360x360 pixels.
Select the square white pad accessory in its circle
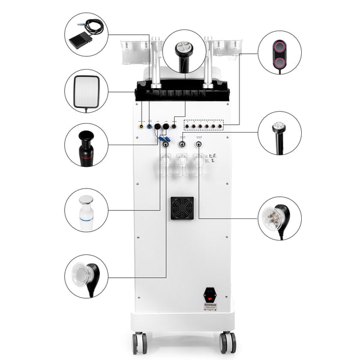pos(86,91)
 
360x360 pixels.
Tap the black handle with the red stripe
pos(86,146)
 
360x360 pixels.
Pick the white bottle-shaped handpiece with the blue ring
pos(86,210)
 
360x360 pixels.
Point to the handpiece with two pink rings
pos(280,53)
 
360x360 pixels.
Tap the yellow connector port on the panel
pos(142,127)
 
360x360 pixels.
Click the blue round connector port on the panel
pos(149,127)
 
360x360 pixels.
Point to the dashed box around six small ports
pos(203,125)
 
